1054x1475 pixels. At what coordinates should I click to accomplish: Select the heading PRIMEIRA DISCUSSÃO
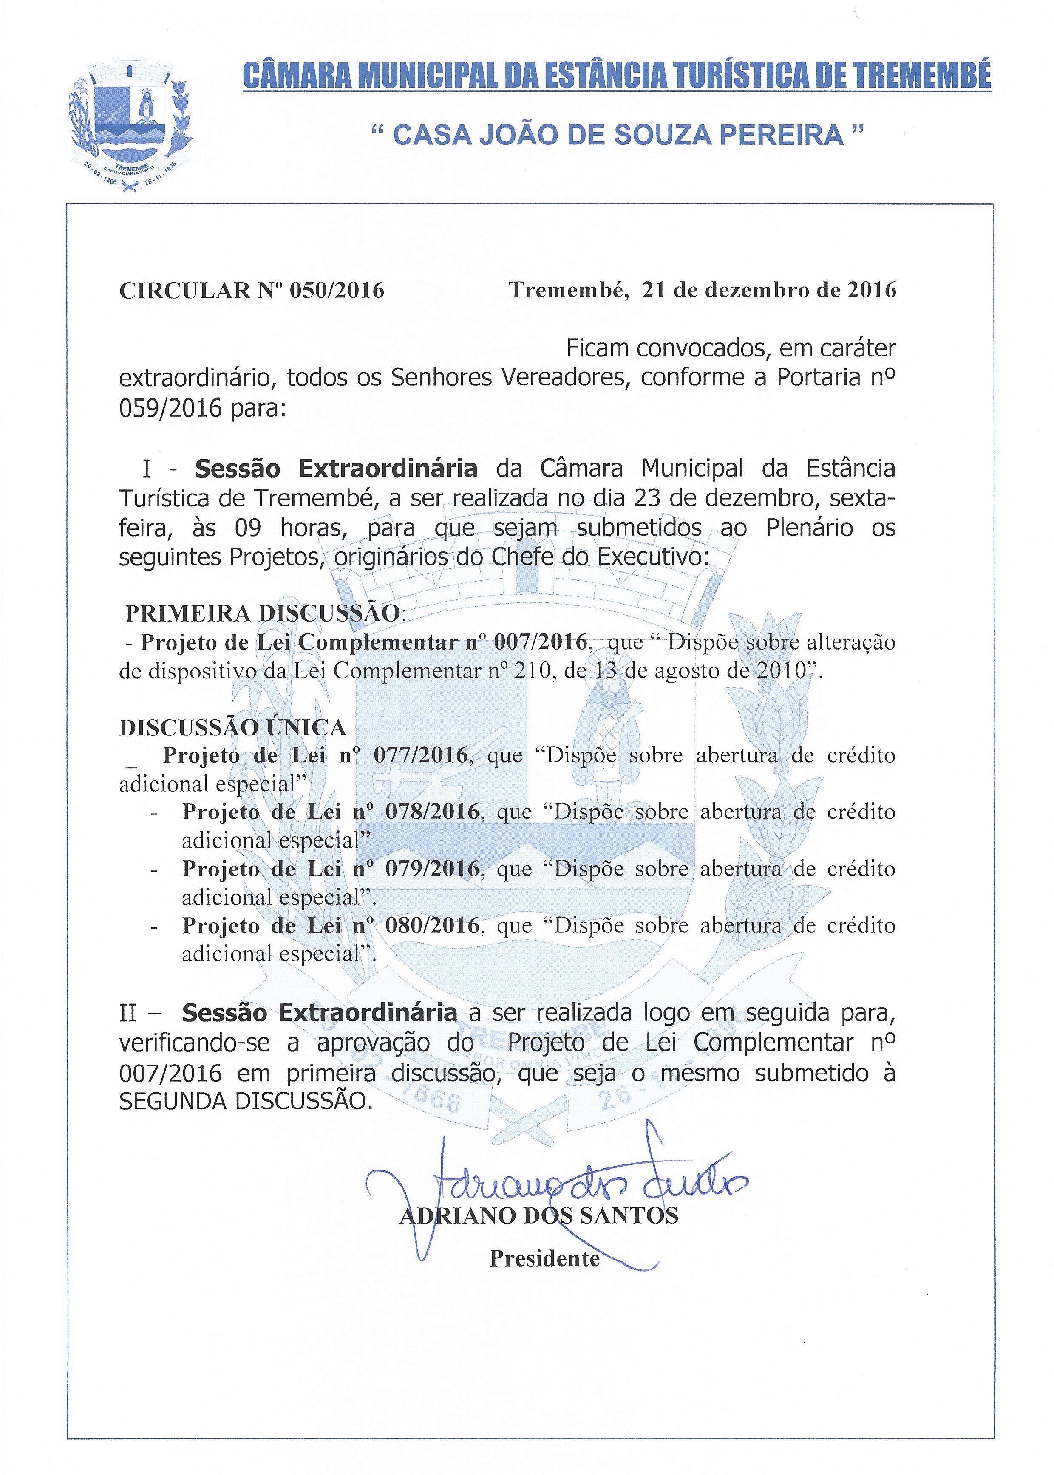[x=262, y=613]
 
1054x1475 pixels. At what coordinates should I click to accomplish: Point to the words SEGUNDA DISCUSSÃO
[x=246, y=1101]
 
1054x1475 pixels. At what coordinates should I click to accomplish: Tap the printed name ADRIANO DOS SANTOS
[x=538, y=1215]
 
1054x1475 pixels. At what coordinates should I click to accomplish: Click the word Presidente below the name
[x=544, y=1258]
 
